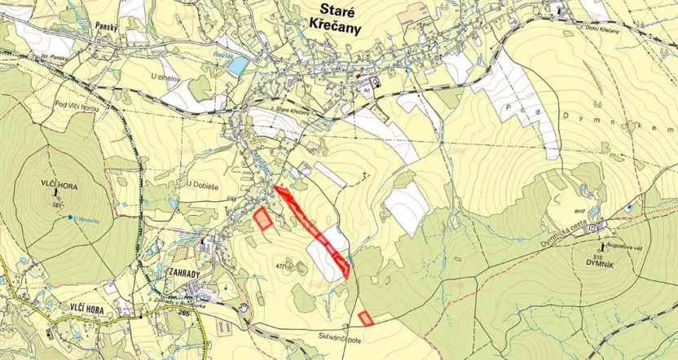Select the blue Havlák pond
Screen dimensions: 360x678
point(238,64)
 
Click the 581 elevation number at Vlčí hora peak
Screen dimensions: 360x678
point(57,204)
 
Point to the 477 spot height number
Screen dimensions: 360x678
point(283,266)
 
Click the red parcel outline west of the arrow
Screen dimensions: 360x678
point(262,218)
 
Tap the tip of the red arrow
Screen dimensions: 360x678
point(274,188)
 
